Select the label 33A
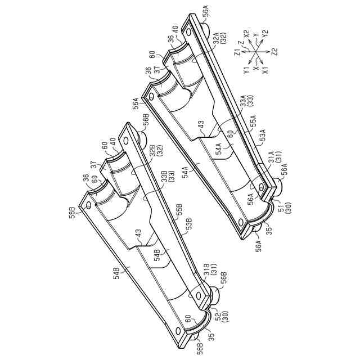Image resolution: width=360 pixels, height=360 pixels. (x=242, y=102)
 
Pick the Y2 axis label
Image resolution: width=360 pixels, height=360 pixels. (x=265, y=35)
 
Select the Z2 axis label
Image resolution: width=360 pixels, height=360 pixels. (x=274, y=52)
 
